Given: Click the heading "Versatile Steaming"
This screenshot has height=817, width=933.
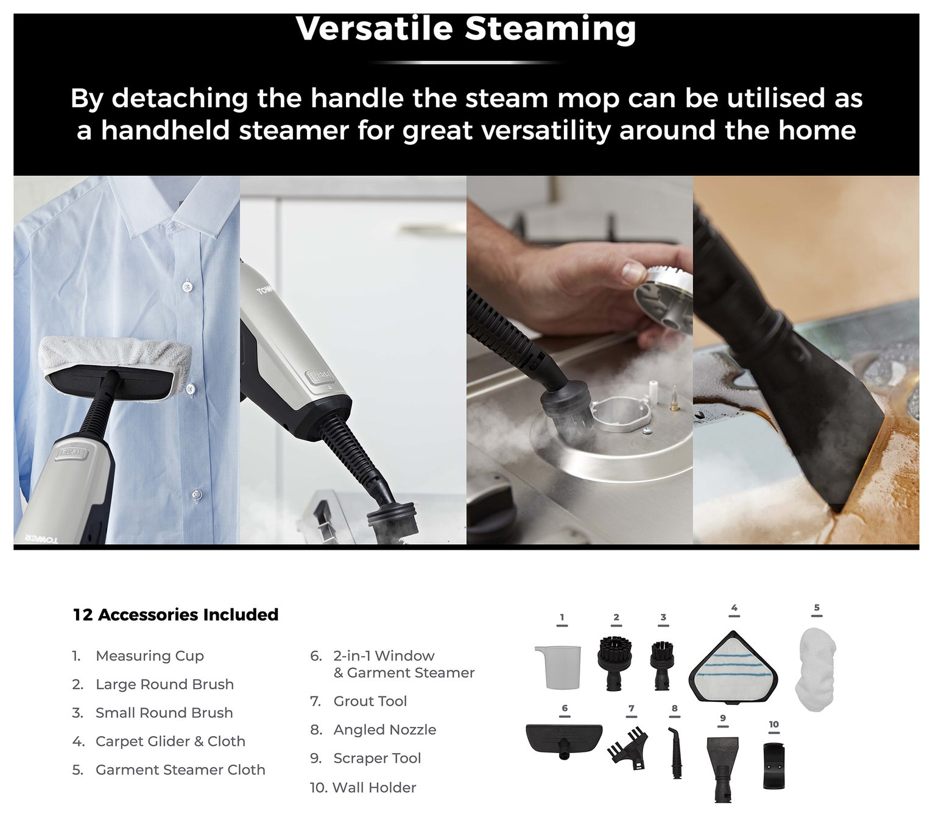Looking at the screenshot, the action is (466, 29).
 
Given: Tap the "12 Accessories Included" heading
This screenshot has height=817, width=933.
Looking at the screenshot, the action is (175, 614).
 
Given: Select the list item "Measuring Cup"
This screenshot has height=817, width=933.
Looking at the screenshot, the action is (138, 656).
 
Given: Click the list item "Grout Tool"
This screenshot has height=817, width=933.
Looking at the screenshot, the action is (359, 701).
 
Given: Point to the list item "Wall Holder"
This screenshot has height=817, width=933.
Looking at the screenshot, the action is (363, 787).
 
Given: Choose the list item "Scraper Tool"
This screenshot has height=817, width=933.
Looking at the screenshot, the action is (365, 758).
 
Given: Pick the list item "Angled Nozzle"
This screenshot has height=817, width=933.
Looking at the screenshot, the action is (373, 729).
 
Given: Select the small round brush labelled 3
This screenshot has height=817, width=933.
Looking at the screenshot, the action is (663, 665).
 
